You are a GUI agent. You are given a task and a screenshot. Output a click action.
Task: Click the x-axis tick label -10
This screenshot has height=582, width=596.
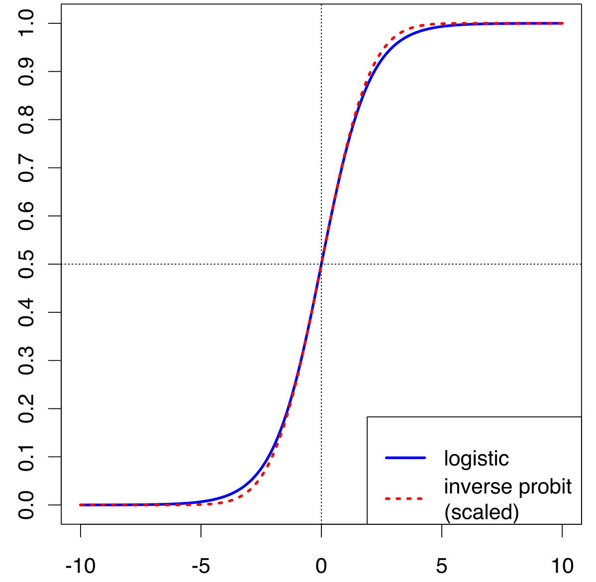(80, 566)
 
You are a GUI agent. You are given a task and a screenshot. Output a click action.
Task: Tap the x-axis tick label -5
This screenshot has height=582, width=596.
(201, 566)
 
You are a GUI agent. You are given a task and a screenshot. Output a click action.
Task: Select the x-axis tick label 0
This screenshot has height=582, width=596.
(321, 566)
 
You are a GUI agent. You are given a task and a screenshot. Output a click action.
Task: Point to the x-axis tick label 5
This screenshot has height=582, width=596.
(442, 566)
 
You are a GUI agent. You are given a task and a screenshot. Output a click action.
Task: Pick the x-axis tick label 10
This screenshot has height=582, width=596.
(562, 566)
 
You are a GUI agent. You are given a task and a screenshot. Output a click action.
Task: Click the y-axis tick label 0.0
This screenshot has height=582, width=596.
(26, 505)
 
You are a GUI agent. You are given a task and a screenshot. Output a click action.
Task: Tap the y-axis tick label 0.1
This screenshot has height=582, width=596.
(26, 457)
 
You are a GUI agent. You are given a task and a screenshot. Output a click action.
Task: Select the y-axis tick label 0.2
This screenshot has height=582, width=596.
(26, 408)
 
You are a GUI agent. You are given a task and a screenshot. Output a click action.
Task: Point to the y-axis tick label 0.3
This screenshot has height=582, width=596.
(26, 360)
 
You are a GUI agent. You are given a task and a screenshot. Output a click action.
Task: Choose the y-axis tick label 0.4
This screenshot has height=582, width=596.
(26, 312)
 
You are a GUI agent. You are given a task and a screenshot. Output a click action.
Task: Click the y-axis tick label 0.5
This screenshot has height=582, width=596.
(26, 264)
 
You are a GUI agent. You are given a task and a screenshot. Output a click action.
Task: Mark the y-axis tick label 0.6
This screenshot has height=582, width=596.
(26, 216)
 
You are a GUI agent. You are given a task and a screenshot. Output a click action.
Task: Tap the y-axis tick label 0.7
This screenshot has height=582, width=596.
(26, 168)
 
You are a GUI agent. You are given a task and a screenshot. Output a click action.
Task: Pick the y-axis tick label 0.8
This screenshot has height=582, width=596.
(26, 119)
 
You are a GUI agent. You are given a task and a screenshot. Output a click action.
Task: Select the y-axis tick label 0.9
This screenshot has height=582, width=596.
(26, 72)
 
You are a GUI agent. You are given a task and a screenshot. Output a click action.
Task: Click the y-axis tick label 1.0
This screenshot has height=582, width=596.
(26, 23)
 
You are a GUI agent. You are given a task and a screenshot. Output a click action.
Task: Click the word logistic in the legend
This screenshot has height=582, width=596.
(476, 459)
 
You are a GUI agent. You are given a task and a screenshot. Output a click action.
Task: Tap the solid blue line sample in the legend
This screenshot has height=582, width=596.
(405, 458)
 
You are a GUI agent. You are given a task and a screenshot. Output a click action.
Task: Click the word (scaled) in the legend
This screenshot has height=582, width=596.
(481, 512)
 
